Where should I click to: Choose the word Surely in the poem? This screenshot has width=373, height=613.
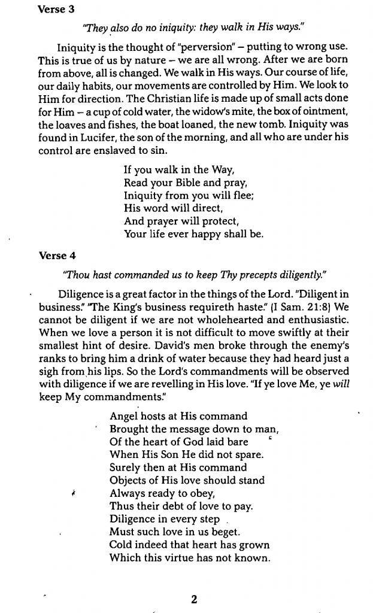[126, 467]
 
